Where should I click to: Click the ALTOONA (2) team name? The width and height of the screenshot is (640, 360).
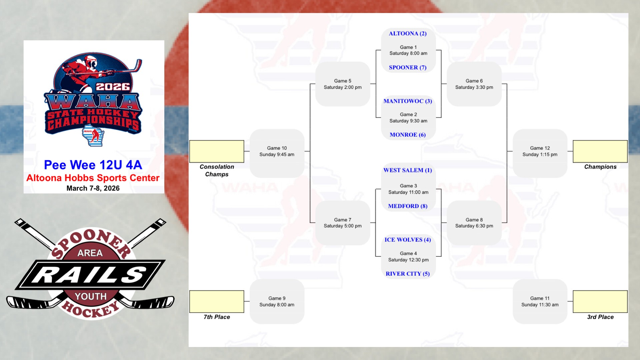408,33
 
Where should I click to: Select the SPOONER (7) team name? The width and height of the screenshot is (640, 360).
408,67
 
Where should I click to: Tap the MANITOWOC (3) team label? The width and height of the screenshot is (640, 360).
408,101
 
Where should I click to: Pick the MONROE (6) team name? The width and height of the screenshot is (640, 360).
408,135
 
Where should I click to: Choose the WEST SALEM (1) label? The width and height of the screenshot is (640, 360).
408,170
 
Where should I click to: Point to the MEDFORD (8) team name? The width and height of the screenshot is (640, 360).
408,206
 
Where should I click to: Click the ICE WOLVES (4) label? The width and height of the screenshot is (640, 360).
408,240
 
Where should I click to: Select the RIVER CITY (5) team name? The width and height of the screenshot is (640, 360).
408,274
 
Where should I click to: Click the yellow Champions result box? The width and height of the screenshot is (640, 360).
600,151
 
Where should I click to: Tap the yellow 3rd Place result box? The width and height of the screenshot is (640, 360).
600,301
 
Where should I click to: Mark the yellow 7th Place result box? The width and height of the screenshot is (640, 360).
217,301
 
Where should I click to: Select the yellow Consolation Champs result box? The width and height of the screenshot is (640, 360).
217,151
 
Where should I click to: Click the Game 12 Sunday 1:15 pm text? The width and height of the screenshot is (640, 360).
540,151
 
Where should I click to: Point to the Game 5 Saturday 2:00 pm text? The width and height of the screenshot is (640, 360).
343,84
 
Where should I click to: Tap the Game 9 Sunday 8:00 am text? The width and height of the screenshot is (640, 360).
277,301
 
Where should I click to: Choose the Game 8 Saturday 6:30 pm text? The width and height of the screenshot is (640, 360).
474,223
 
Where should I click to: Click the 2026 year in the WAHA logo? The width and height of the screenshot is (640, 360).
113,87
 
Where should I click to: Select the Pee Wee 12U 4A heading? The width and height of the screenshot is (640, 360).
93,165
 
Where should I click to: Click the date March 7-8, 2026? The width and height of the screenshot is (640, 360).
93,188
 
